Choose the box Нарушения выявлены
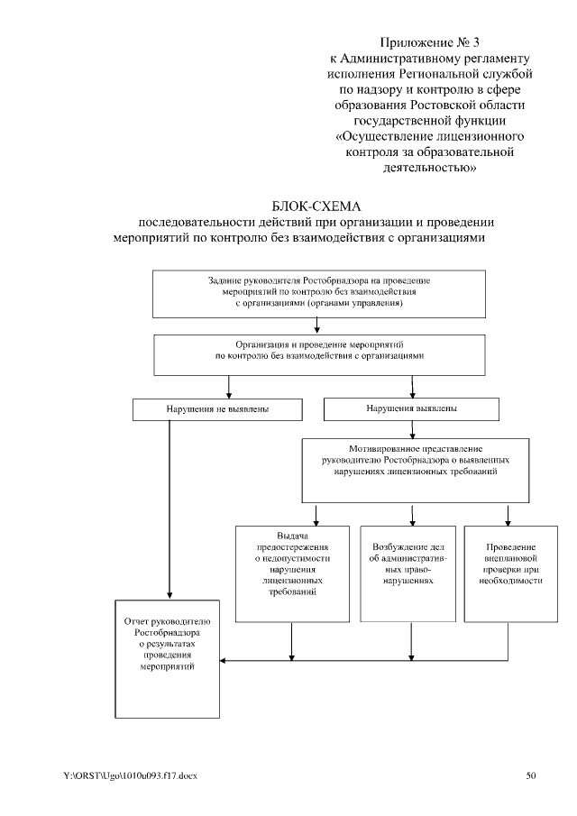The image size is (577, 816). point(412,408)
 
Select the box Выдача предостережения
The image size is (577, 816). point(290,573)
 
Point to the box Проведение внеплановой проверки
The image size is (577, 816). point(510,573)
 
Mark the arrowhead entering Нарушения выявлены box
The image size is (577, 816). point(412,393)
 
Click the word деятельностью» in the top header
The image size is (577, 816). point(429,167)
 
